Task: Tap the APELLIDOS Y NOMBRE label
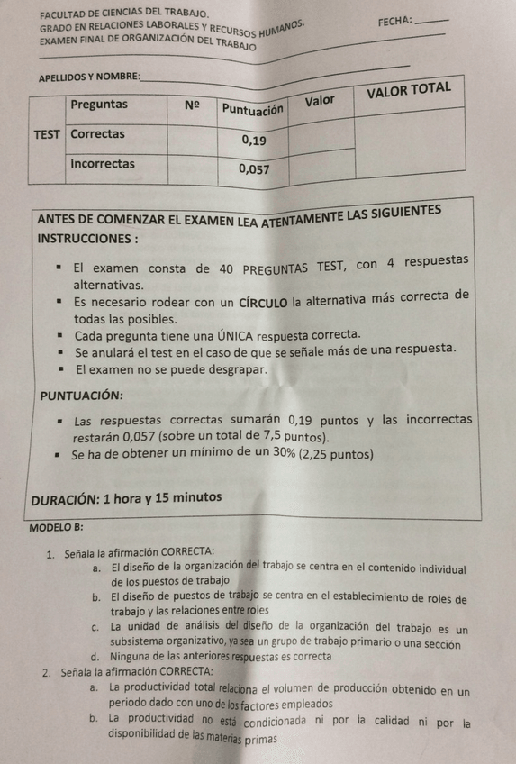[x=88, y=78]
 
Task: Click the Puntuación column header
[x=253, y=108]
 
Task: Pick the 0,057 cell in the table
[x=254, y=168]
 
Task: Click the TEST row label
[x=47, y=135]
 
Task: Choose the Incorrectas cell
[x=103, y=164]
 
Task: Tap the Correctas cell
[x=98, y=134]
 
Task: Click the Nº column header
[x=192, y=105]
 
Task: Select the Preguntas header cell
[x=99, y=105]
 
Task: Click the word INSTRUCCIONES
[x=86, y=241]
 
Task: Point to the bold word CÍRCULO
[x=262, y=301]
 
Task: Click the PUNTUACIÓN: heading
[x=82, y=396]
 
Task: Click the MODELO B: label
[x=57, y=528]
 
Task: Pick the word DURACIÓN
[x=65, y=498]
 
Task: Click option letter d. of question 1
[x=94, y=657]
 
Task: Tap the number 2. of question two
[x=46, y=672]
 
